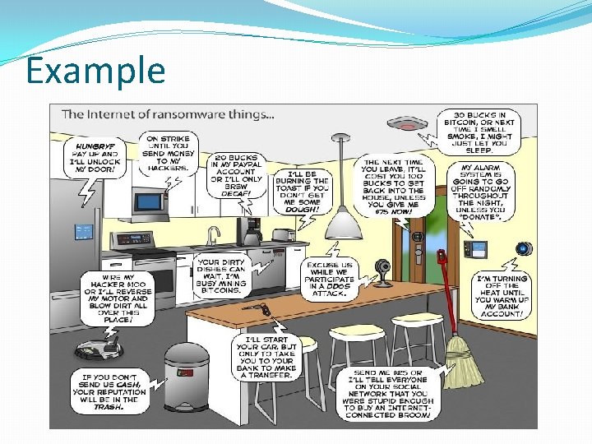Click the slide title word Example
[x=95, y=71]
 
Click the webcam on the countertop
[x=382, y=271]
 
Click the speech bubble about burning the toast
[x=302, y=192]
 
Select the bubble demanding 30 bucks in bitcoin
[x=479, y=132]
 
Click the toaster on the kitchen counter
[x=284, y=235]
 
